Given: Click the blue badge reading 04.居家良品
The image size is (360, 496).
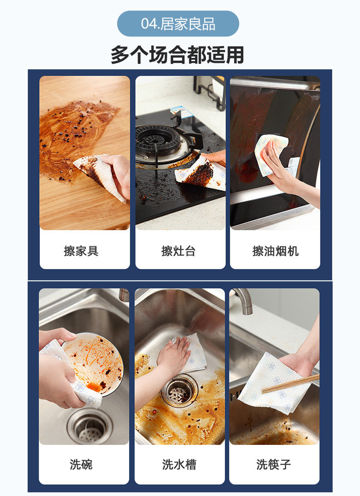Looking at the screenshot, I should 178,24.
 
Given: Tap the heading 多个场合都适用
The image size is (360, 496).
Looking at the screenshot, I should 177,55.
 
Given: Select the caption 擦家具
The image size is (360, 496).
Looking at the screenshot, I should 81,251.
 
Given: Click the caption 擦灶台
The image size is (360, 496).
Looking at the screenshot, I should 178,251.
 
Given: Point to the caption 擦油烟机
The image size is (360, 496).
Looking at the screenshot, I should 275,251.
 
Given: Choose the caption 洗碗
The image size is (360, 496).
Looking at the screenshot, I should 81,465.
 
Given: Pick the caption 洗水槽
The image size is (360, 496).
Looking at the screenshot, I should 179,465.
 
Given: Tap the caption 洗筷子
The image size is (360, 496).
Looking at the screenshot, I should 273,465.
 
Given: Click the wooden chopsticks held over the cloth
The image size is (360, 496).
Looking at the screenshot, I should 292,384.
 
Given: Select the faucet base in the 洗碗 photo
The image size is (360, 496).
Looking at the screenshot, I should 124,295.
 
